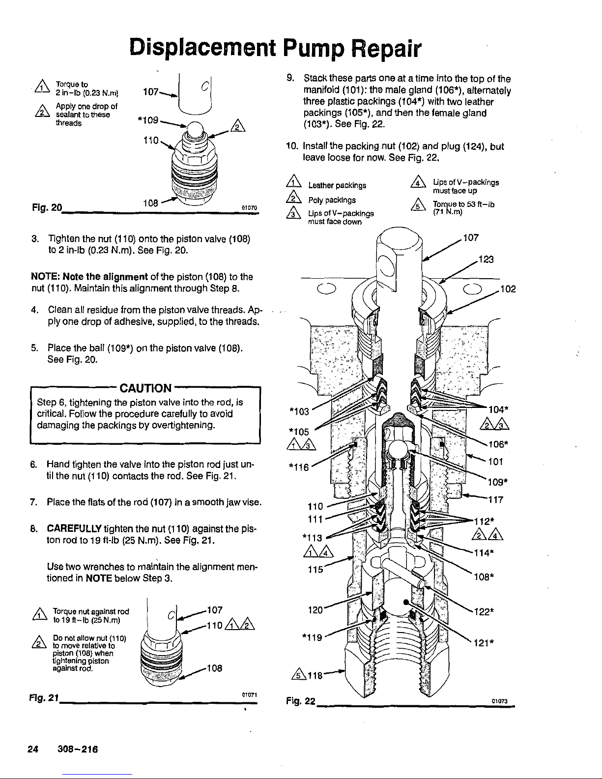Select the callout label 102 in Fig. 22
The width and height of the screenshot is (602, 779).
[507, 290]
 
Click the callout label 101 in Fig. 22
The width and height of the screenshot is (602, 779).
[495, 462]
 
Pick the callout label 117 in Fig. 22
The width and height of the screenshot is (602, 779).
[495, 500]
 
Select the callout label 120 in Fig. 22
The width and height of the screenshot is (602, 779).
[315, 610]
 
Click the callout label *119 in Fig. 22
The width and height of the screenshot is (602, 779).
[312, 637]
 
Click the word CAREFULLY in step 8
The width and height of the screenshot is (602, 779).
[74, 527]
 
